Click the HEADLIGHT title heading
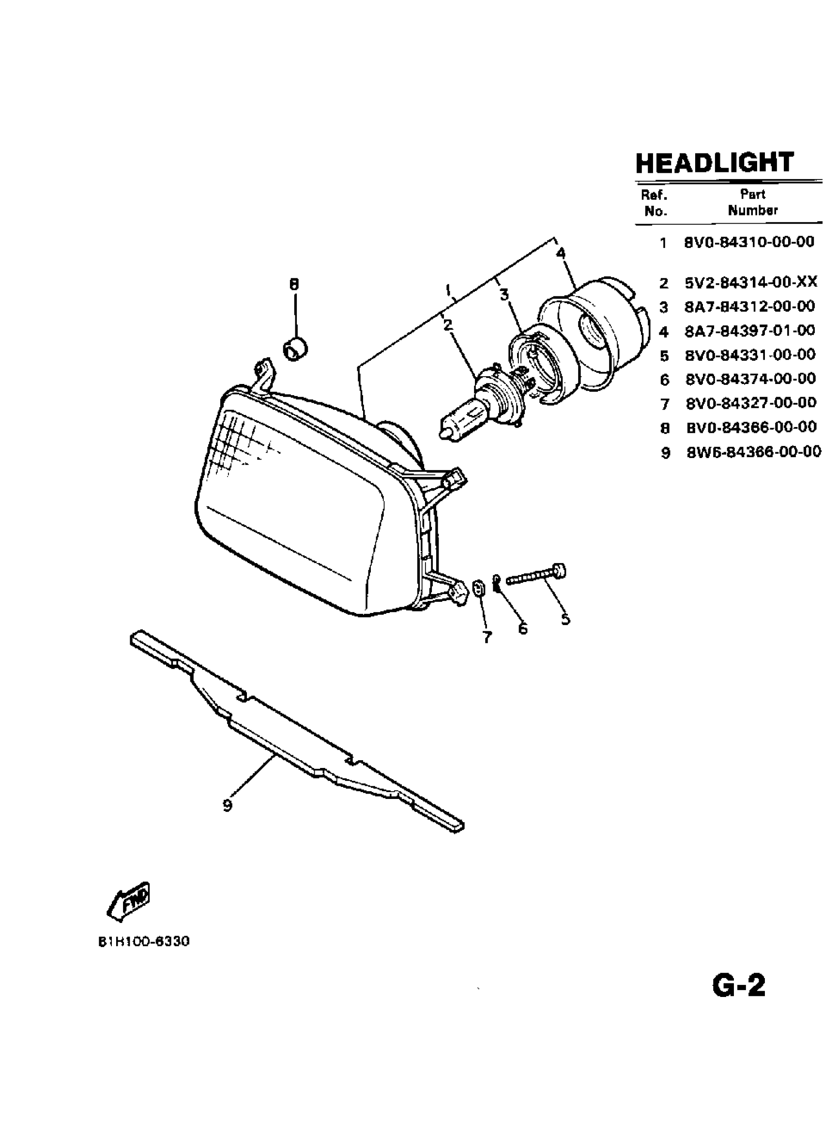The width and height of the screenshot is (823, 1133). point(714,162)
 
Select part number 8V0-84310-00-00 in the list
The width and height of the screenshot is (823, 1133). point(749,242)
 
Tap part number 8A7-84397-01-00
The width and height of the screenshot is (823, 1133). point(749,330)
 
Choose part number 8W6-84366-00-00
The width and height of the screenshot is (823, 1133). point(754,452)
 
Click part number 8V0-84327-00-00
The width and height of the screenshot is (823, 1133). point(750,403)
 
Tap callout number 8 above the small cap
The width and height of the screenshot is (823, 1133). point(294,284)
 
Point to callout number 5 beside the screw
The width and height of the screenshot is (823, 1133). point(565,619)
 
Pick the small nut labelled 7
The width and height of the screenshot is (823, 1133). point(478,587)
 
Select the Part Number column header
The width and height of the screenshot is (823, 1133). point(753,202)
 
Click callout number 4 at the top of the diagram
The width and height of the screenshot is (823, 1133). point(561,253)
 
